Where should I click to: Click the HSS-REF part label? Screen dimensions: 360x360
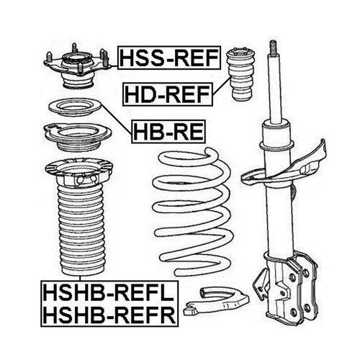pos(167,57)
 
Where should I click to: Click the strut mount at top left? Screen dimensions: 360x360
pos(76,69)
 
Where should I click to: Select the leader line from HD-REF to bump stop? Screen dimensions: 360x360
pos(221,88)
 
